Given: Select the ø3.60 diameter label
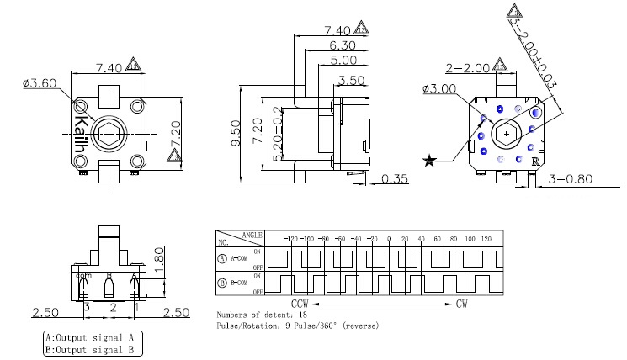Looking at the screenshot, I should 38,83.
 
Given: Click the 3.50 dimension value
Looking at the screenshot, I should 353,81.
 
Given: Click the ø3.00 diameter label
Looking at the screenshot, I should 440,88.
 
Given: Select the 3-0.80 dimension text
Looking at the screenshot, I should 572,179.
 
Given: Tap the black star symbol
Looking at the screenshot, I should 430,161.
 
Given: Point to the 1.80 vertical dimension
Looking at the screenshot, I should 159,255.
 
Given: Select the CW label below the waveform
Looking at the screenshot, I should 462,303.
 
